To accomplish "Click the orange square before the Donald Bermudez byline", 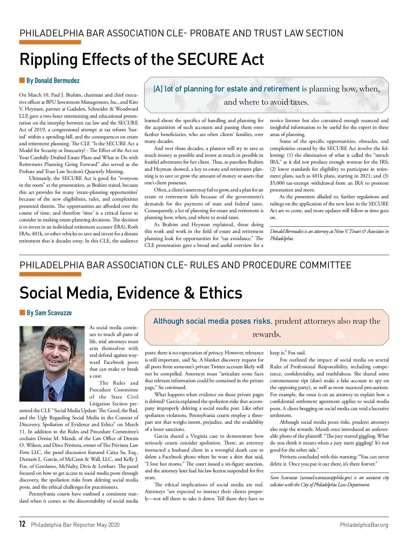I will (22, 80).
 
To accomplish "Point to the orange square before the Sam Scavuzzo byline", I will (22, 313).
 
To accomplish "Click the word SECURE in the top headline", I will (207, 59).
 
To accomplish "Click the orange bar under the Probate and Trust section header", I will (50, 43).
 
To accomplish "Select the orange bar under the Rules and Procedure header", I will (50, 274).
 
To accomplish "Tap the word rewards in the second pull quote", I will (266, 334).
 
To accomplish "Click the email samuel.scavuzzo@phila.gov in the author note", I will (325, 478).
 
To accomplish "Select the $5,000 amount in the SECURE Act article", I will (277, 183).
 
